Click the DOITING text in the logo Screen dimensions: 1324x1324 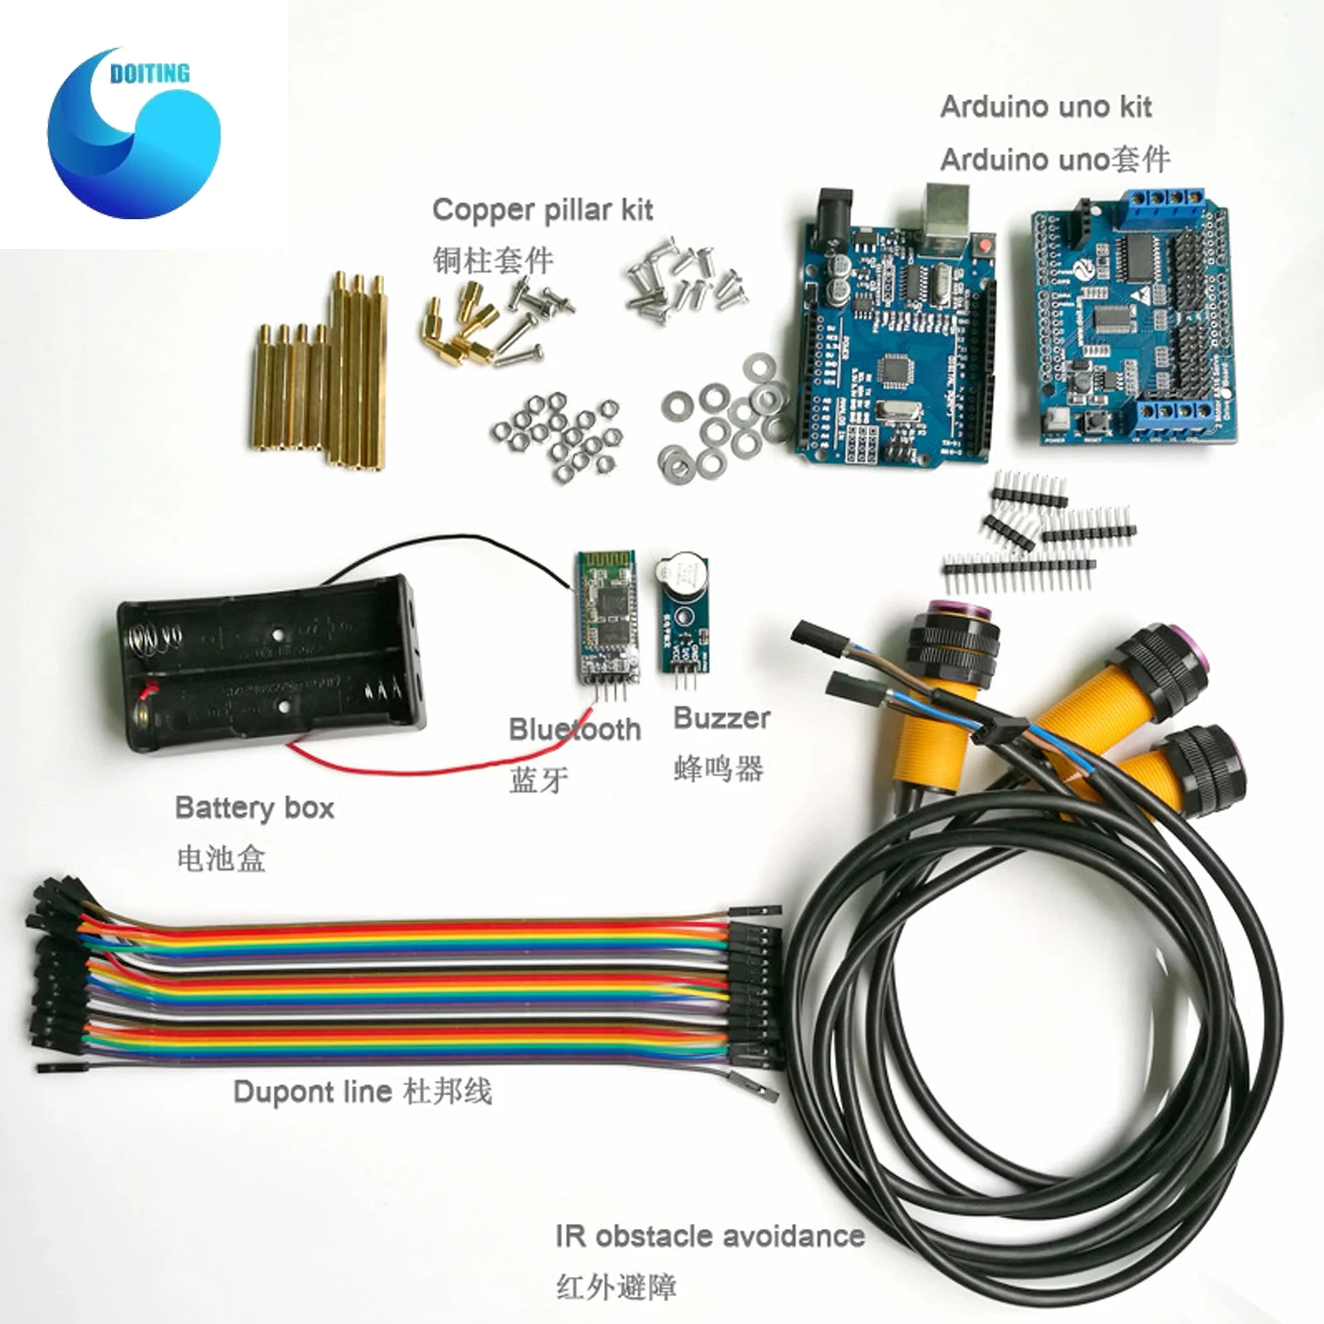click(x=149, y=74)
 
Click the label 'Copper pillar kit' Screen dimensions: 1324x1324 click(x=542, y=210)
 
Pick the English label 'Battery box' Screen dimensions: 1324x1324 click(x=255, y=808)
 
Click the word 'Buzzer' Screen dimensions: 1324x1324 click(x=722, y=718)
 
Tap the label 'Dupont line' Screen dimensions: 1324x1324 click(x=312, y=1091)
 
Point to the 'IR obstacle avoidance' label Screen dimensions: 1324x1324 click(x=710, y=1236)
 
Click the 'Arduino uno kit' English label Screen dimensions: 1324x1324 click(x=1046, y=108)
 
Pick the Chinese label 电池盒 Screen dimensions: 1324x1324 click(x=221, y=858)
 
